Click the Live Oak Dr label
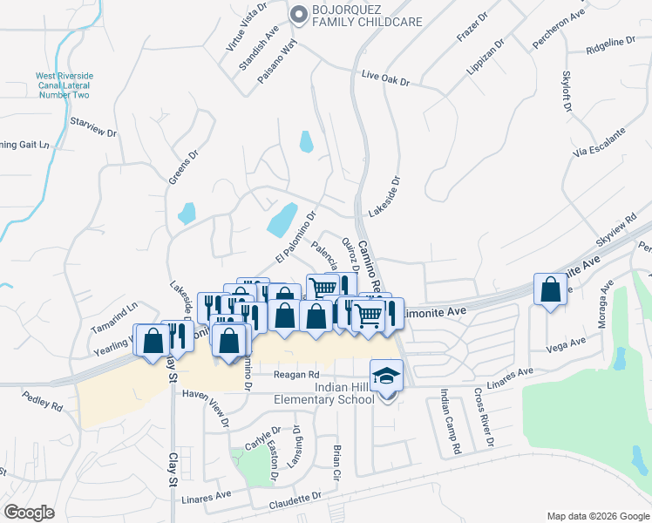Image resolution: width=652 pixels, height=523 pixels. click(385, 79)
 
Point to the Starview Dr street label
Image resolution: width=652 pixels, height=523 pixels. click(93, 126)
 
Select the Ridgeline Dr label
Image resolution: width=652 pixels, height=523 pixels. click(611, 46)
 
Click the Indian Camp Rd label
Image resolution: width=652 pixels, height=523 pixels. click(450, 423)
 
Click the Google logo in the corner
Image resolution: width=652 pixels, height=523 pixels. click(30, 513)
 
